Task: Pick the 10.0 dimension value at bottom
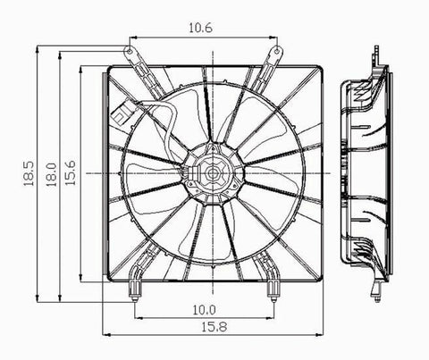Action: click(203, 309)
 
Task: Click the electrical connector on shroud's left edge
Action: click(120, 115)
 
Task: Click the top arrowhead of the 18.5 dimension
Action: click(35, 40)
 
